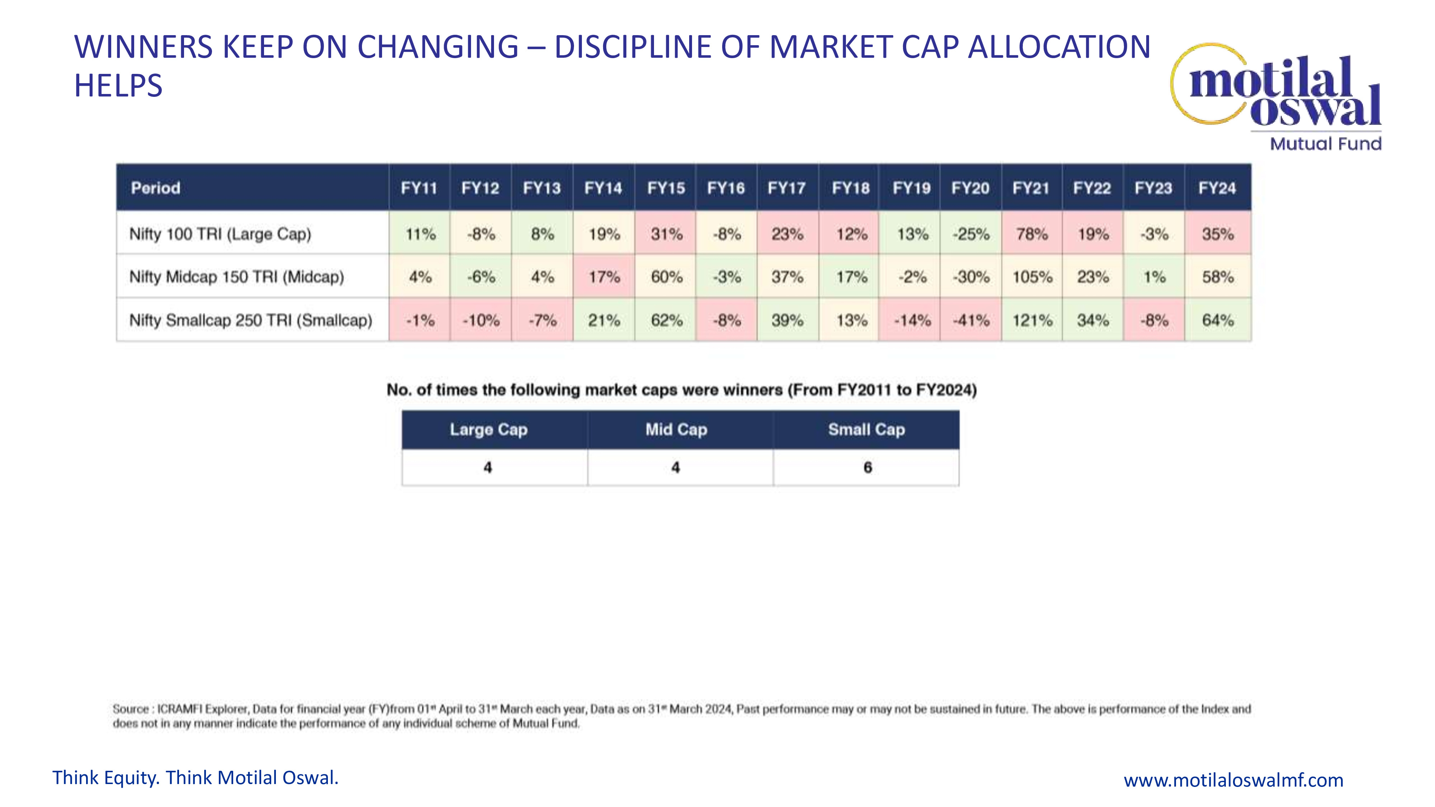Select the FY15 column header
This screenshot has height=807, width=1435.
pyautogui.click(x=666, y=188)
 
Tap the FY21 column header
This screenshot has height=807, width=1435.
pyautogui.click(x=1031, y=188)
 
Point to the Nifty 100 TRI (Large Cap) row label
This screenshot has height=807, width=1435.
pyautogui.click(x=220, y=234)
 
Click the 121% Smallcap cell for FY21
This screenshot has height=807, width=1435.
pyautogui.click(x=1032, y=320)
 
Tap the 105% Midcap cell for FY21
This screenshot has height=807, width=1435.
pyautogui.click(x=1032, y=277)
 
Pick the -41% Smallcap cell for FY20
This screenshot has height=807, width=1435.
pyautogui.click(x=971, y=320)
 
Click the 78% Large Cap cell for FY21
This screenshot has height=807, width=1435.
pyautogui.click(x=1032, y=234)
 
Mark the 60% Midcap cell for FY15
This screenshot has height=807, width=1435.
pyautogui.click(x=666, y=277)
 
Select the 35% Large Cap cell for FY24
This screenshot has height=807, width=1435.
pyautogui.click(x=1218, y=234)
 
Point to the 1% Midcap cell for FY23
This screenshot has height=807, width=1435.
pyautogui.click(x=1154, y=277)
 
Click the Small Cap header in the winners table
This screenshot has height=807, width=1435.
pyautogui.click(x=866, y=429)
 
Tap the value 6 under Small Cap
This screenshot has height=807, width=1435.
pyautogui.click(x=867, y=467)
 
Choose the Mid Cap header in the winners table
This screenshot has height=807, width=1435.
pyautogui.click(x=676, y=429)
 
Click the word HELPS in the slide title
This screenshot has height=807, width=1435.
pyautogui.click(x=118, y=86)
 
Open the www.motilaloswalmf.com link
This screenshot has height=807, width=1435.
pyautogui.click(x=1233, y=780)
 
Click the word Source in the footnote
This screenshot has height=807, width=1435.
pyautogui.click(x=130, y=709)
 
